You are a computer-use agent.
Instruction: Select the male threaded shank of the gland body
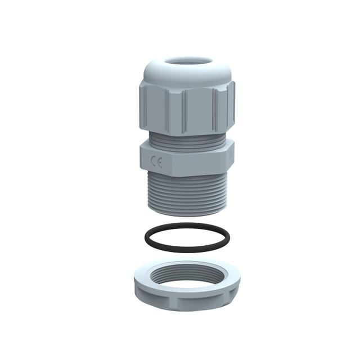click(x=186, y=191)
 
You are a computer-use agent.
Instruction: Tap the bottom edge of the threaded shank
click(x=186, y=214)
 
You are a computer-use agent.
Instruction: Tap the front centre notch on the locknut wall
click(x=186, y=303)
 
